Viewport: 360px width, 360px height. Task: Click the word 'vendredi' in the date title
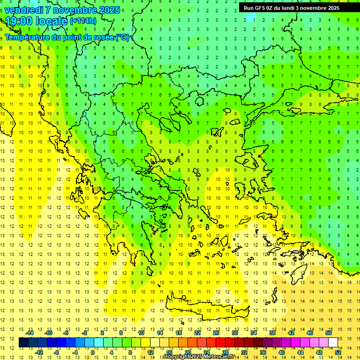(25, 10)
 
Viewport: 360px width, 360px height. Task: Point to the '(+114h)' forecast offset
(83, 21)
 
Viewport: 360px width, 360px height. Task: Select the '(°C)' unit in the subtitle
(122, 37)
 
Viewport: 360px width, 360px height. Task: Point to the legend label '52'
(338, 352)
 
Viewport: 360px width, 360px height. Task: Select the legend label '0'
(92, 352)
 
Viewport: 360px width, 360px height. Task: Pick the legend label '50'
(328, 332)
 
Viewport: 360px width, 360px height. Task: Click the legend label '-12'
(39, 352)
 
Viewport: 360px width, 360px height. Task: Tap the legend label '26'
(216, 332)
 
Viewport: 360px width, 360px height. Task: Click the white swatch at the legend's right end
(333, 343)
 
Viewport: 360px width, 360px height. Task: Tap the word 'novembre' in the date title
(75, 10)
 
